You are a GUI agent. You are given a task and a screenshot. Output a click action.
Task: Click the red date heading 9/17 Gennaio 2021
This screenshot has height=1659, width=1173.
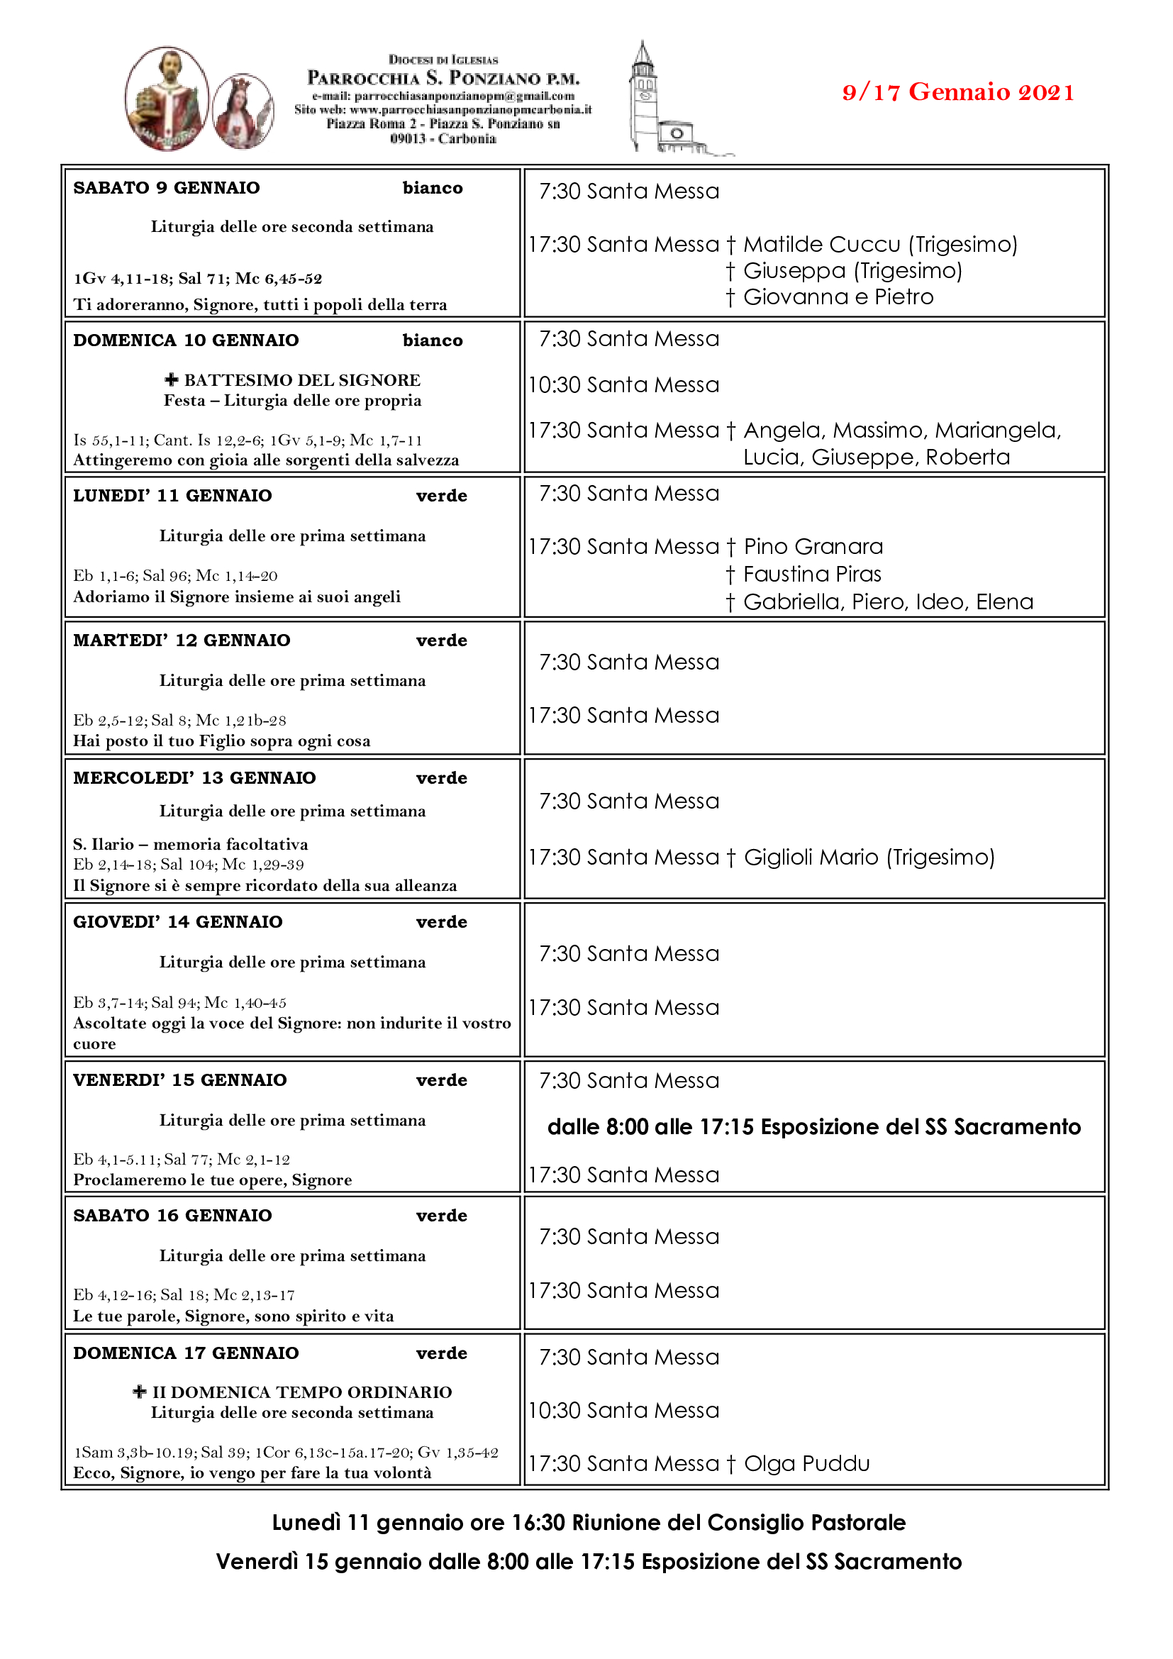(x=957, y=92)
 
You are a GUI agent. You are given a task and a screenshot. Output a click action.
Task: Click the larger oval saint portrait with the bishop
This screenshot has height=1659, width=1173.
(x=167, y=99)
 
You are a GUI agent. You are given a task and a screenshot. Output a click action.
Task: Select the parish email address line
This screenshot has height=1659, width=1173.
(x=443, y=96)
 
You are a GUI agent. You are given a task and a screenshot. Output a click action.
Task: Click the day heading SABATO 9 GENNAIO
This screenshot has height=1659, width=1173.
(x=166, y=188)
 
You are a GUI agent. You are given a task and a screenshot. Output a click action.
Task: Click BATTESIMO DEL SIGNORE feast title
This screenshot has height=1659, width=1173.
(x=301, y=380)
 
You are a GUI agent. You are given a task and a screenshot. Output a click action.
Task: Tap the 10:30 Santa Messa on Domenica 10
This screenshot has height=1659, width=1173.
(x=623, y=385)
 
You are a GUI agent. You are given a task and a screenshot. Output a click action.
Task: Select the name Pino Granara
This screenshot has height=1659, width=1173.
(x=813, y=546)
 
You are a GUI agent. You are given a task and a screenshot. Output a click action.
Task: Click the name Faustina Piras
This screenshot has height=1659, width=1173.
(x=812, y=574)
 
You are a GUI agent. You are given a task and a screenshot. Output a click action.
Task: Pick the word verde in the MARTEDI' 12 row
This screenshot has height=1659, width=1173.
(x=441, y=640)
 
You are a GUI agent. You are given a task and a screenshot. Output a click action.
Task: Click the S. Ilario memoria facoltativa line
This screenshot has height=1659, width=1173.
(x=191, y=844)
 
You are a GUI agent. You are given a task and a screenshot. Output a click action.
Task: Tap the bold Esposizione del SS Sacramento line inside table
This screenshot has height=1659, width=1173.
(x=814, y=1126)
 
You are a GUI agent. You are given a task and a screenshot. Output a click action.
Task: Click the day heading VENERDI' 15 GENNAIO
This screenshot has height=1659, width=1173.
(x=180, y=1080)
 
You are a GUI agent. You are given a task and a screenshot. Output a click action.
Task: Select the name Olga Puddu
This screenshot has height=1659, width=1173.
(x=807, y=1463)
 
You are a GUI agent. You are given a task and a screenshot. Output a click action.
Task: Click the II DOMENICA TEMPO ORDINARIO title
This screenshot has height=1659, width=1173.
(x=301, y=1392)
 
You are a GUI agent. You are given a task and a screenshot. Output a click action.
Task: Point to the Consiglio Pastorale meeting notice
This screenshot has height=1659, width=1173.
(x=589, y=1522)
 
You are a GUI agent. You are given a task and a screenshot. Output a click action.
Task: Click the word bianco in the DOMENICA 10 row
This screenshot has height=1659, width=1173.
(x=433, y=340)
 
